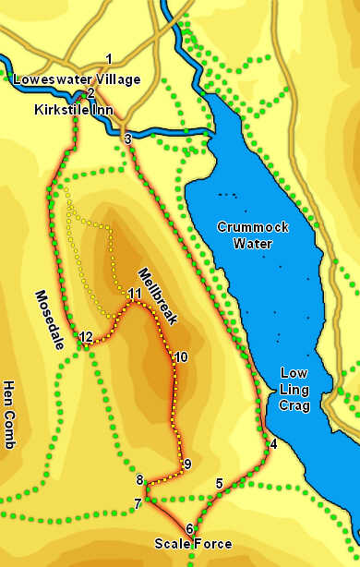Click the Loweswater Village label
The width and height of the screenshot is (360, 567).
[77, 79]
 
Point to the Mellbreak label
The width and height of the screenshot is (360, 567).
[156, 296]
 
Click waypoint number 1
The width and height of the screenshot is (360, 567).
[109, 59]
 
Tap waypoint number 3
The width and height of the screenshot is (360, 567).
[127, 139]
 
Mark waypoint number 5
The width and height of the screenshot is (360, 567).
[219, 483]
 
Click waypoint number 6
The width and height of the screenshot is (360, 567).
[189, 528]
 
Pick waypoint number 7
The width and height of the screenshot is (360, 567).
[138, 504]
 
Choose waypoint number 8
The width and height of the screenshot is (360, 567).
[140, 480]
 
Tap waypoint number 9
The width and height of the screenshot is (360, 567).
[186, 464]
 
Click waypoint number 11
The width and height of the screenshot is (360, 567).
[136, 295]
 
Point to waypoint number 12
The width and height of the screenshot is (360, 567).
[86, 337]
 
